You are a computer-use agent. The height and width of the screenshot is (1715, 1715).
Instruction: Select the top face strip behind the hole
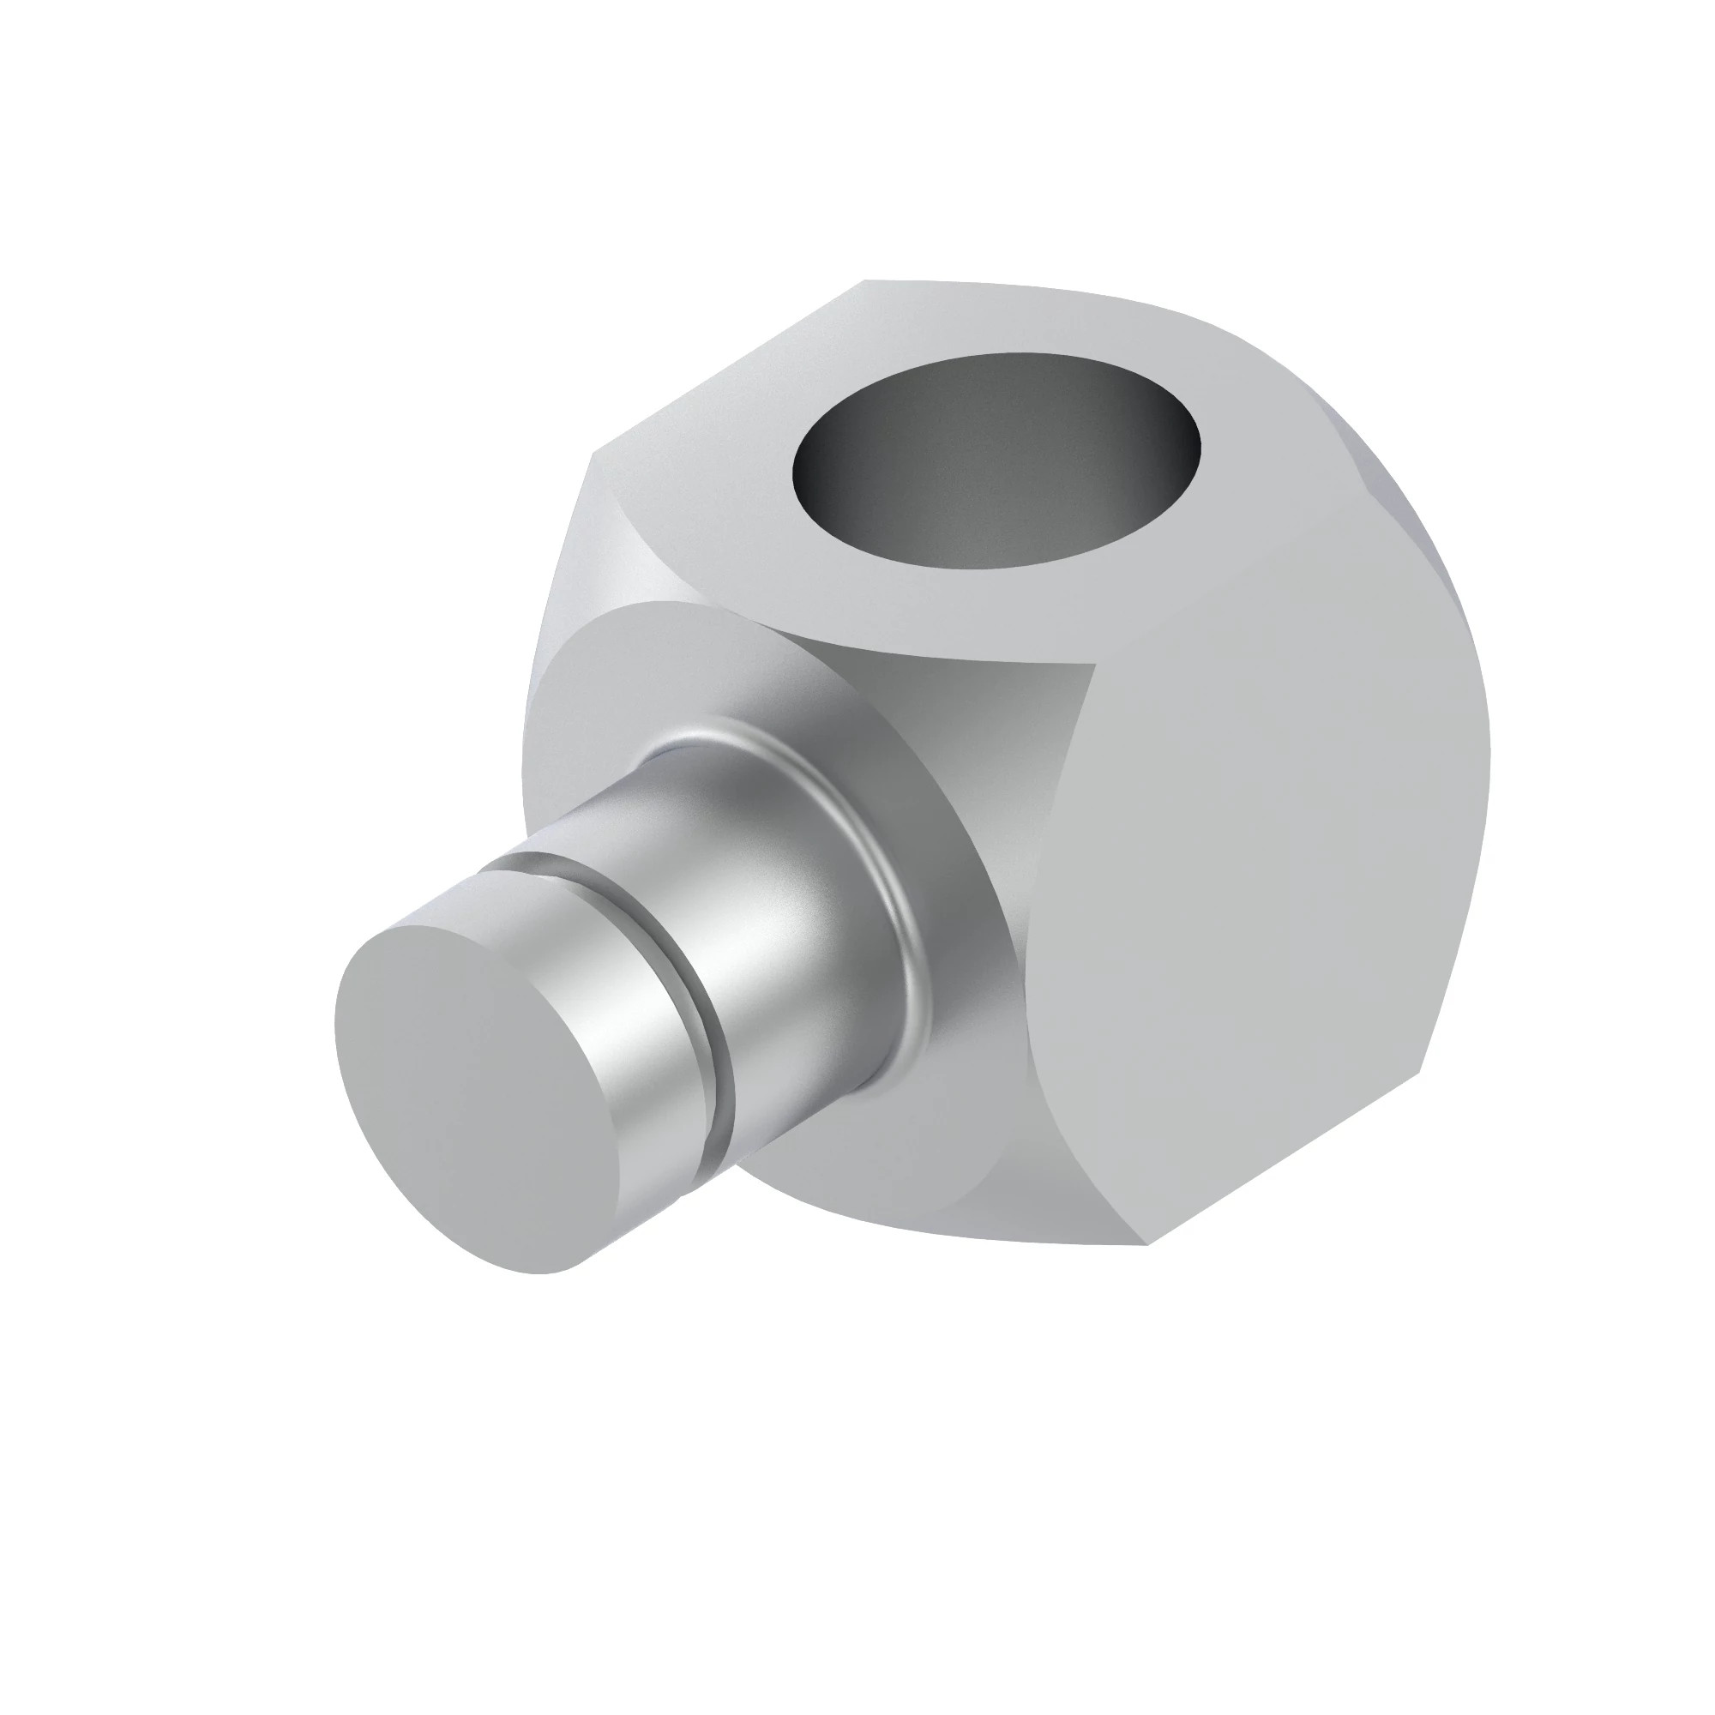(1020, 320)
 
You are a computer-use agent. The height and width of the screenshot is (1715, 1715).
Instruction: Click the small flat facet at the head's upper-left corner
(612, 533)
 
